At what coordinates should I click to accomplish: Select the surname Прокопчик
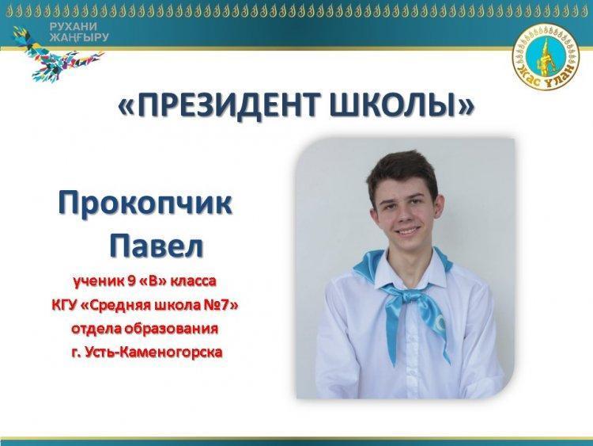pyautogui.click(x=145, y=204)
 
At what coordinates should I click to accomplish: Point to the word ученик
pyautogui.click(x=98, y=280)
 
